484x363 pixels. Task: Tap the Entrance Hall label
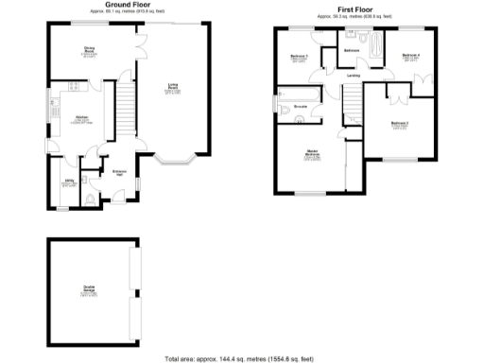click(120, 171)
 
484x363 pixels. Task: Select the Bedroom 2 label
click(401, 123)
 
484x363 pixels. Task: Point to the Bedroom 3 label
click(301, 58)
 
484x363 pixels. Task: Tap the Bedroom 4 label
click(410, 56)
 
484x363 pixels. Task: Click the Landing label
click(354, 76)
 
